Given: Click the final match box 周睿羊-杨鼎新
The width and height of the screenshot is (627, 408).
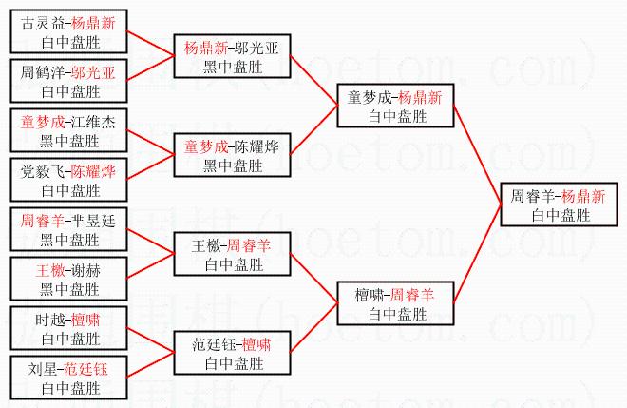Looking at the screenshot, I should (558, 205).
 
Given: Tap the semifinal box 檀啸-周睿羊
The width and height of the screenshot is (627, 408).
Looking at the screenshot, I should (394, 304).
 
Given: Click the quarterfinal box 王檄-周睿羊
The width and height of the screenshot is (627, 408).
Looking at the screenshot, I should (233, 255).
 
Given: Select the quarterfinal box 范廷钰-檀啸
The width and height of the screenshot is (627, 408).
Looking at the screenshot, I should (233, 354).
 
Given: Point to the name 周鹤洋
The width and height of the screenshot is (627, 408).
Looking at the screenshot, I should (42, 72).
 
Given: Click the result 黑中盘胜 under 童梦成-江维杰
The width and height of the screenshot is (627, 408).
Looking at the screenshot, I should (67, 141).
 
